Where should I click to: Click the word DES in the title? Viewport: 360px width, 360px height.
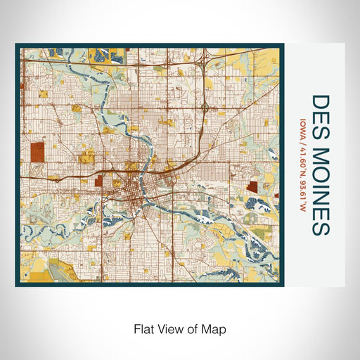point(318,113)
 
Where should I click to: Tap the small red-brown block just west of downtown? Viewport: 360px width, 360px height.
point(108,181)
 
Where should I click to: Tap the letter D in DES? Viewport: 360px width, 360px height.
point(318,101)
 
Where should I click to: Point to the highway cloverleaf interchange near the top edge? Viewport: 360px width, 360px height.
point(202,63)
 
